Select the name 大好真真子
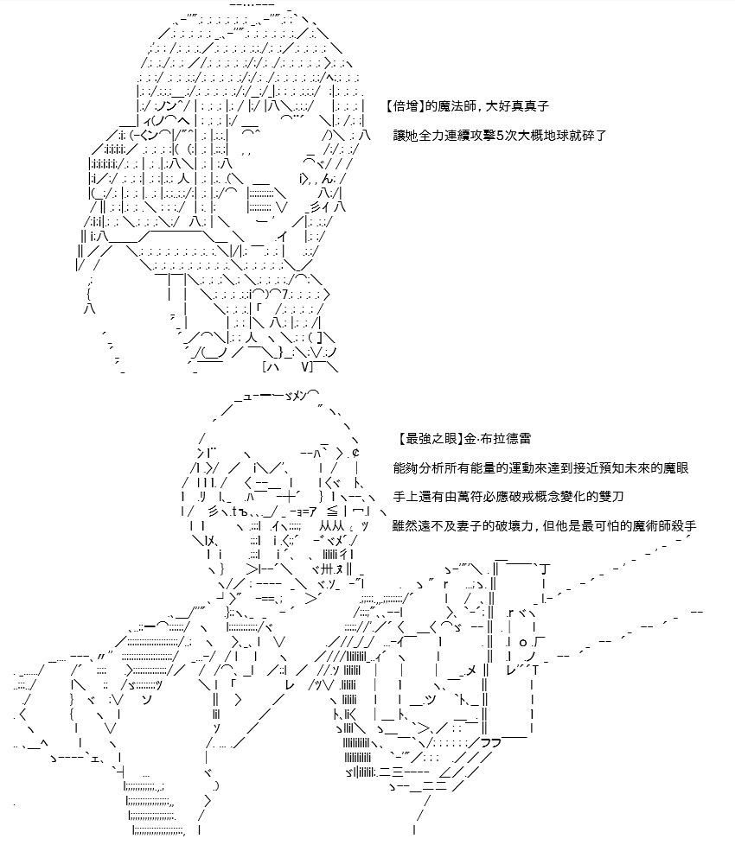coord(517,106)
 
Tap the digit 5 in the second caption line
coord(499,136)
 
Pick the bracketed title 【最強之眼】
coord(429,439)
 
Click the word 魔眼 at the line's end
coord(675,467)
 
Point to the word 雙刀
coord(610,496)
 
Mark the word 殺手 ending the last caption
coord(683,525)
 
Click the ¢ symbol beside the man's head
coord(356,452)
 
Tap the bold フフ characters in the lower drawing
coord(490,742)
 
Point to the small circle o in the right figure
coord(522,642)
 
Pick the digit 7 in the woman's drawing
coord(284,295)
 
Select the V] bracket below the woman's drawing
coord(307,367)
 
